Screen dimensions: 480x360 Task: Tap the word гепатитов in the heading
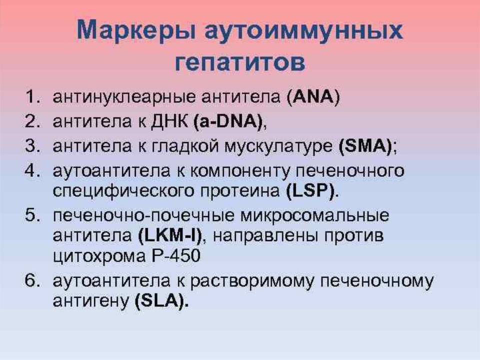(x=240, y=63)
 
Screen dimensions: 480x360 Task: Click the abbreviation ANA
(x=313, y=97)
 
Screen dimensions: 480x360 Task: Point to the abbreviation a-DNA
(x=228, y=121)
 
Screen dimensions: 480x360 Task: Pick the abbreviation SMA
(x=365, y=146)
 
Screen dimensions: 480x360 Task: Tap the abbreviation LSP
(x=310, y=190)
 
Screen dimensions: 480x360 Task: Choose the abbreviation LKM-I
(x=170, y=235)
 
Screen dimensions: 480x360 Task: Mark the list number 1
(x=32, y=97)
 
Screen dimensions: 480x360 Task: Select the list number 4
(x=32, y=170)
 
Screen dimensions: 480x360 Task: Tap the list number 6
(x=32, y=280)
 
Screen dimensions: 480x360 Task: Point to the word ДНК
(x=169, y=121)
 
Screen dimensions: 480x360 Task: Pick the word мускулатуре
(x=278, y=147)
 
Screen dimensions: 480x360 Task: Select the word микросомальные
(x=314, y=215)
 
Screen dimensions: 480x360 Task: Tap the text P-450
(x=175, y=256)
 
